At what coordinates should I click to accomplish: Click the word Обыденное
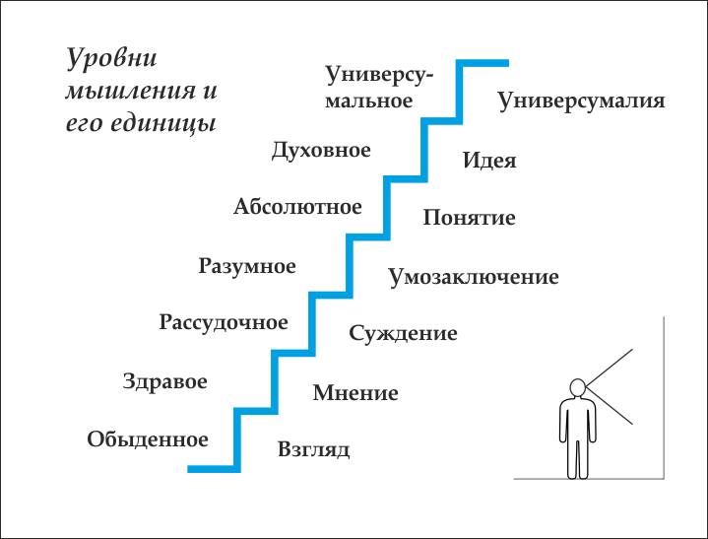click(148, 439)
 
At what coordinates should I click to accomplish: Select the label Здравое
click(164, 381)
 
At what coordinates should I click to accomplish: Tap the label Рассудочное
click(224, 322)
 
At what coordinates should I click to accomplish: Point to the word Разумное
click(247, 265)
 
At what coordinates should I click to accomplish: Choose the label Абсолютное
click(297, 207)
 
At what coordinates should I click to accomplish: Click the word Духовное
click(321, 150)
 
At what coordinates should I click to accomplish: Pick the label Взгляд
click(314, 450)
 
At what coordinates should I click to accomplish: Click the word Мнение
click(355, 393)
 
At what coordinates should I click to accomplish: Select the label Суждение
click(403, 333)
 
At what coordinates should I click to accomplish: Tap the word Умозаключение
click(474, 277)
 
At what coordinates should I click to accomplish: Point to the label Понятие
click(469, 218)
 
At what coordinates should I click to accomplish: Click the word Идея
click(489, 161)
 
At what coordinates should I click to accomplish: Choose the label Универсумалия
click(581, 101)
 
